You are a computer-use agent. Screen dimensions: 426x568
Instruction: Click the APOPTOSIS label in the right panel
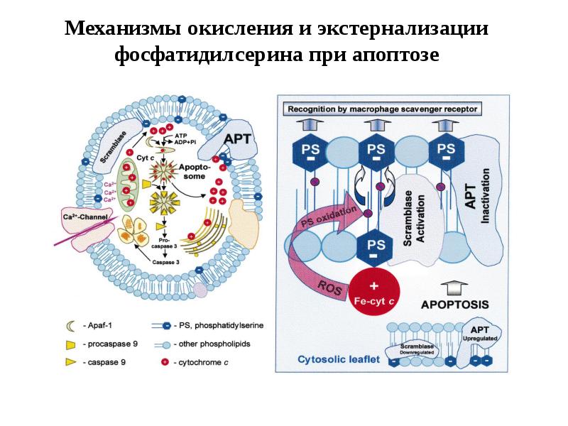point(455,305)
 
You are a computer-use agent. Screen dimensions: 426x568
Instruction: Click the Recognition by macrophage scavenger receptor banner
point(382,109)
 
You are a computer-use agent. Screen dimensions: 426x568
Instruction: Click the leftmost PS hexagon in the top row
point(310,153)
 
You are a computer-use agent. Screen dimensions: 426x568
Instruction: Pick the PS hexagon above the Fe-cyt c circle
point(376,247)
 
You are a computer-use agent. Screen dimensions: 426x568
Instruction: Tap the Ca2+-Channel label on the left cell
point(87,217)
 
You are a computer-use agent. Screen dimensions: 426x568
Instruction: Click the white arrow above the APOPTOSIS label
point(454,288)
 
